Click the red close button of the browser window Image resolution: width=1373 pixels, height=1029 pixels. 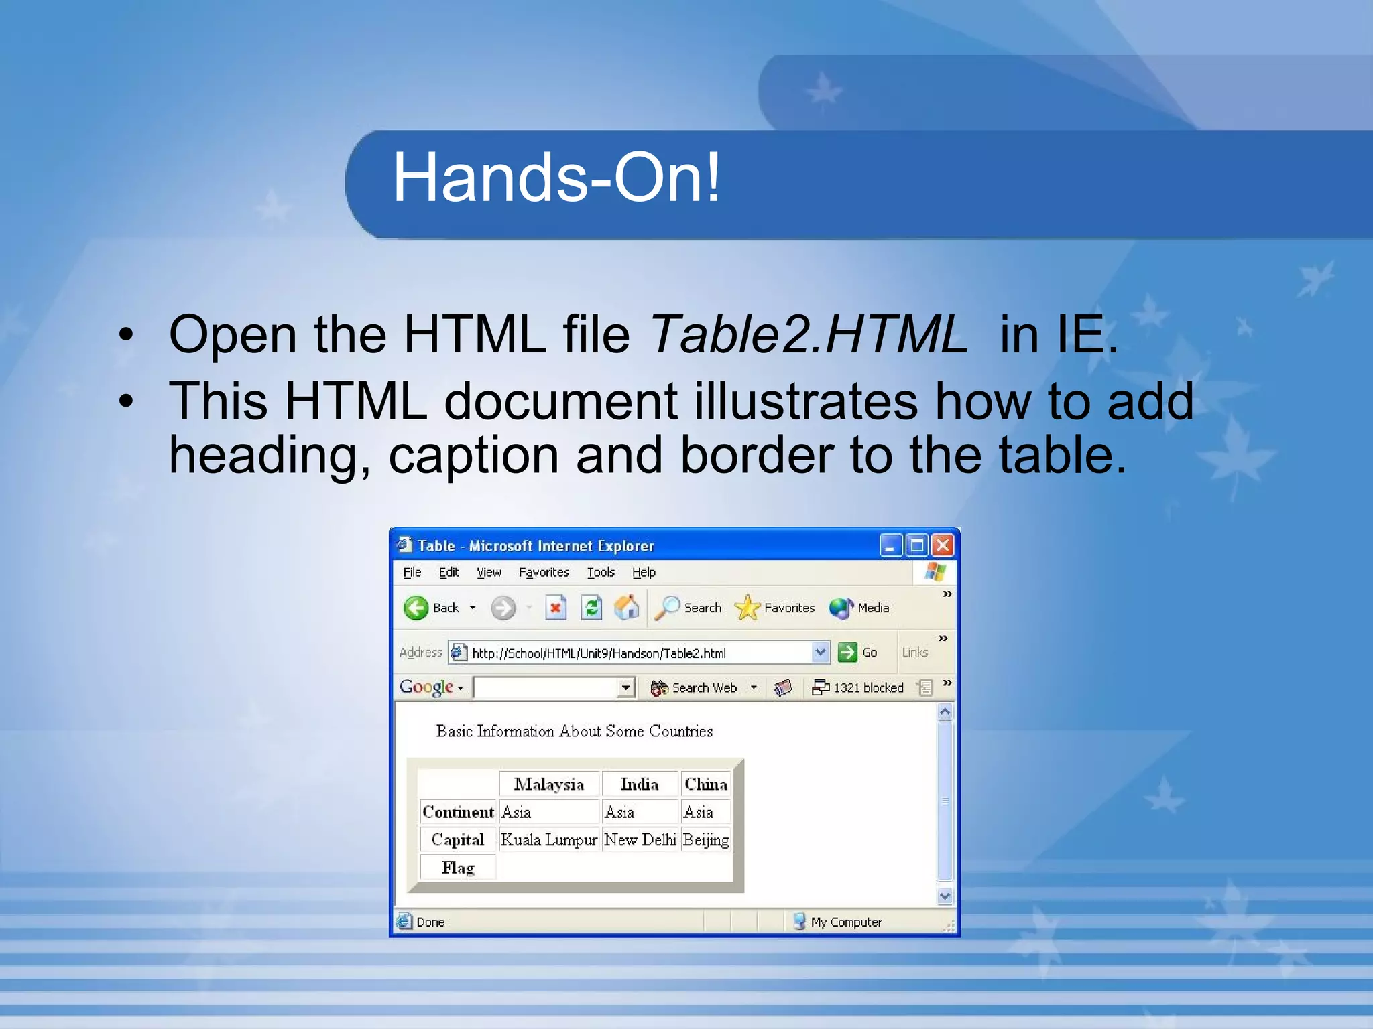[942, 545]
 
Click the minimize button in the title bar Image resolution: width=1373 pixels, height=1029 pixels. [890, 545]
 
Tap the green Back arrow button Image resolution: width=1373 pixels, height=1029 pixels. [416, 608]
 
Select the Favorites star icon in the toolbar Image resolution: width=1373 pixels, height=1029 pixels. [747, 608]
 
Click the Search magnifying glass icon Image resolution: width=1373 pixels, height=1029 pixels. [667, 608]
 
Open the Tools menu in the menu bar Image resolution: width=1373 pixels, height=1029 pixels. [601, 572]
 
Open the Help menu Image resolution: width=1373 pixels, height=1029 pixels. [644, 572]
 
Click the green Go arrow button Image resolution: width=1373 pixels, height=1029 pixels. [847, 652]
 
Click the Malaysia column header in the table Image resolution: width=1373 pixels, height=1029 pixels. [548, 784]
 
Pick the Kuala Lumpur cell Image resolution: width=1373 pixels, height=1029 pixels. [548, 839]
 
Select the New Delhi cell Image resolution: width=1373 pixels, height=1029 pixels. [640, 839]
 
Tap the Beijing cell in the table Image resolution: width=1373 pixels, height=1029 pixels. [705, 839]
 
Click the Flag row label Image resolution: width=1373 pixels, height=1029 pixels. [458, 868]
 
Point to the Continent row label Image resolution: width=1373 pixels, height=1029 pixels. [458, 812]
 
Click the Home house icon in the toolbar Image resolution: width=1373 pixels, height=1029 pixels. [627, 608]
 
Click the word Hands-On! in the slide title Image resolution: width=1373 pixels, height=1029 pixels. [556, 178]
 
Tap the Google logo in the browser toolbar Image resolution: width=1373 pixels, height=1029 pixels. [426, 687]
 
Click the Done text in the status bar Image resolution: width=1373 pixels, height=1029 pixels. [430, 922]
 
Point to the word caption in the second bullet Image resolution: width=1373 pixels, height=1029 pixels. [473, 456]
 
